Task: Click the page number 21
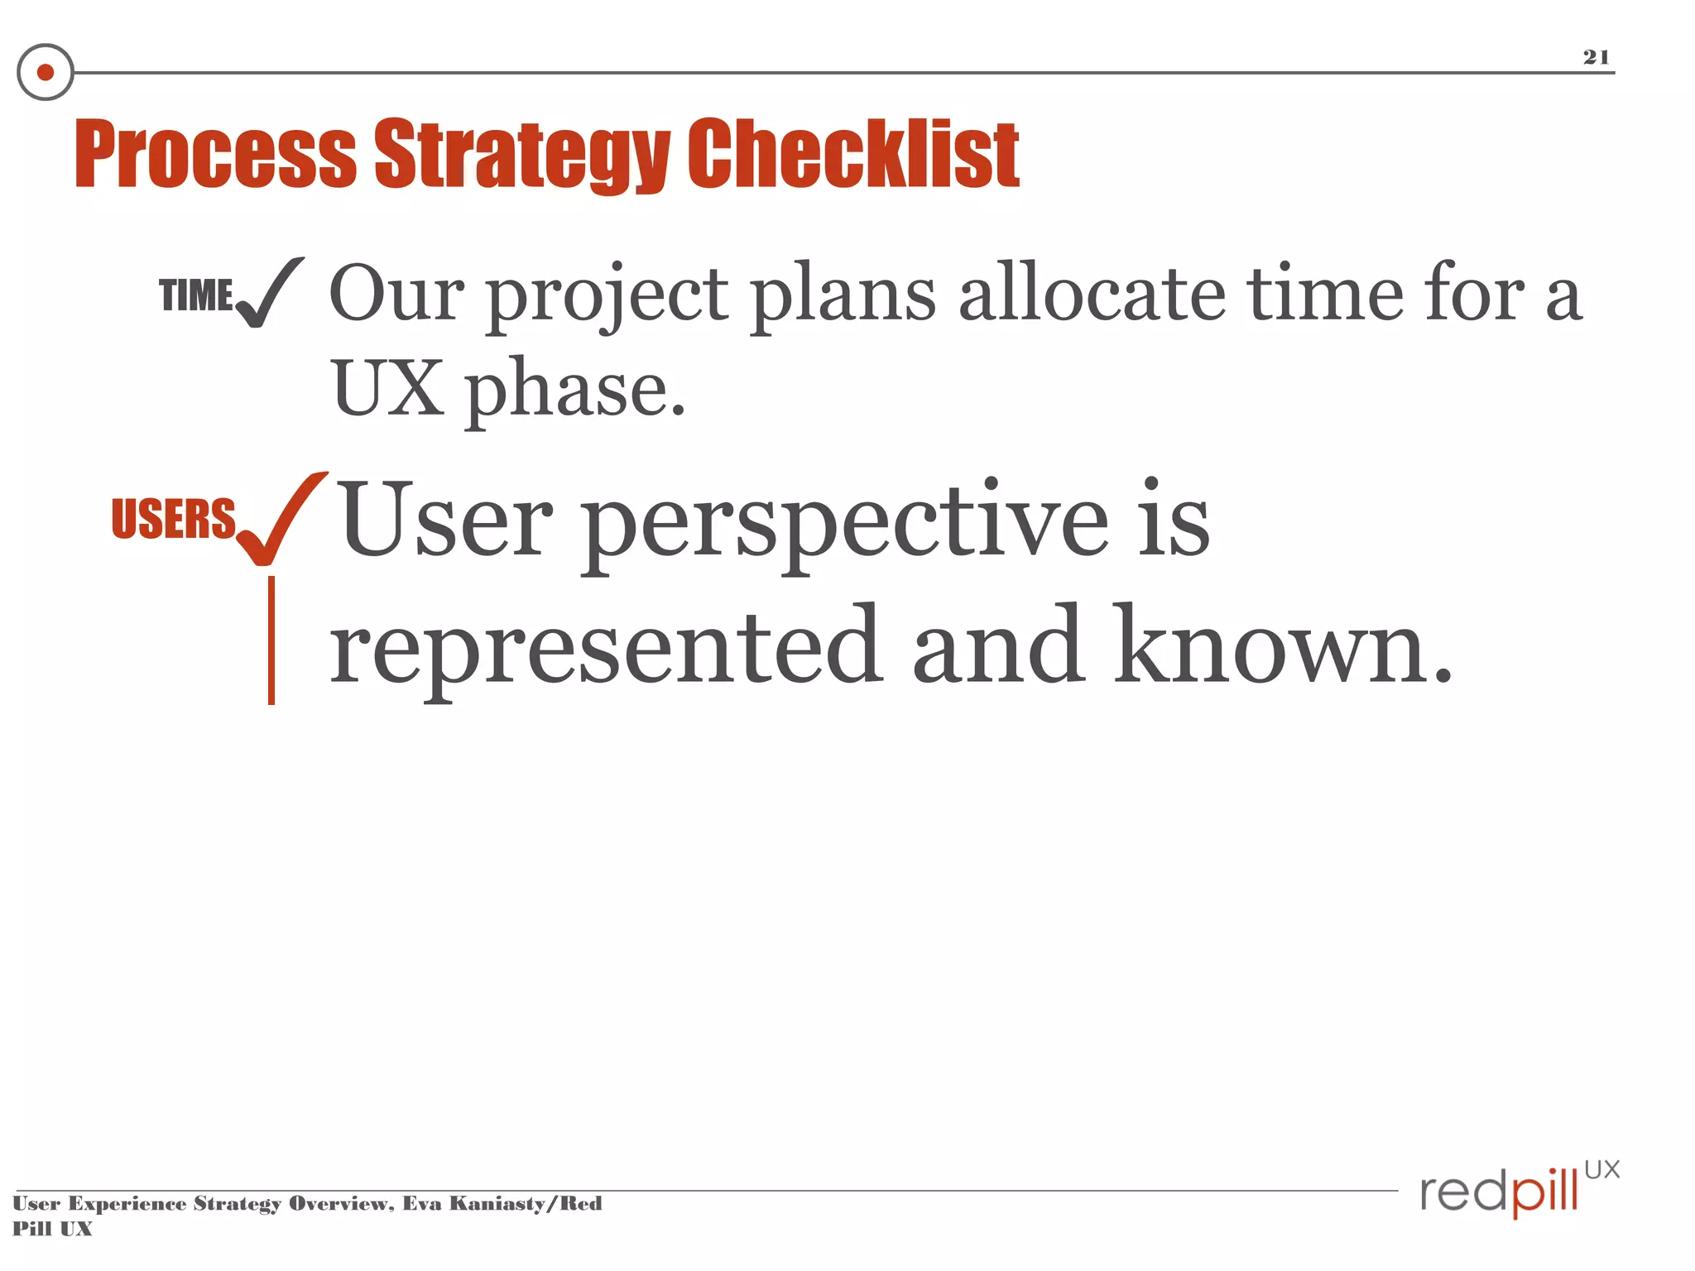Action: pos(1596,56)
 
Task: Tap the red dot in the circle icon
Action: pos(46,73)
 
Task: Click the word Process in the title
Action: pos(215,155)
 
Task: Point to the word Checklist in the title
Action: pos(854,155)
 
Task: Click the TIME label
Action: pos(196,295)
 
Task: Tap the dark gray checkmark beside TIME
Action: pos(269,294)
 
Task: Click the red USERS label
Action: pos(174,519)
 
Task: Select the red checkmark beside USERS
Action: pos(280,520)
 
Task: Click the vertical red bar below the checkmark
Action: pos(271,640)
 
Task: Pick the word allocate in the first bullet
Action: pos(1092,294)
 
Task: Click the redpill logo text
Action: pos(1498,1192)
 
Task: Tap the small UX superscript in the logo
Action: pos(1601,1169)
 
